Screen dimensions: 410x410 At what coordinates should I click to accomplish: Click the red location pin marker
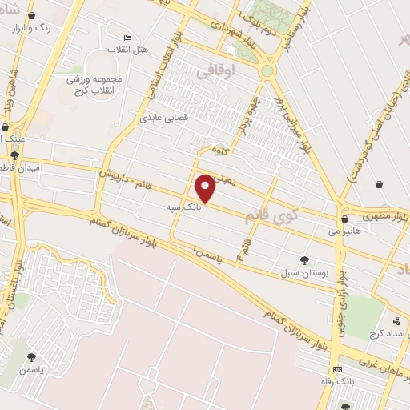206,187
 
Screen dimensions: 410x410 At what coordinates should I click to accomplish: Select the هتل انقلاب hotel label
132,50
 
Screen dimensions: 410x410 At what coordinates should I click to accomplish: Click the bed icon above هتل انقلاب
127,38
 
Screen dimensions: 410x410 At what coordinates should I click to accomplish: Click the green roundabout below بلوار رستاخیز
267,70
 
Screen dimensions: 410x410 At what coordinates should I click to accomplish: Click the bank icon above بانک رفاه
337,369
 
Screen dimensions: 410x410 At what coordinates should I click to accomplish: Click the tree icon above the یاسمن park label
31,357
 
